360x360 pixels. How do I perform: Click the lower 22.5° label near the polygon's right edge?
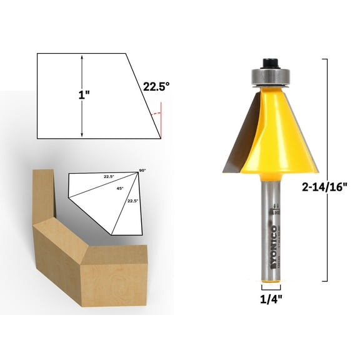tap(131, 201)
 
